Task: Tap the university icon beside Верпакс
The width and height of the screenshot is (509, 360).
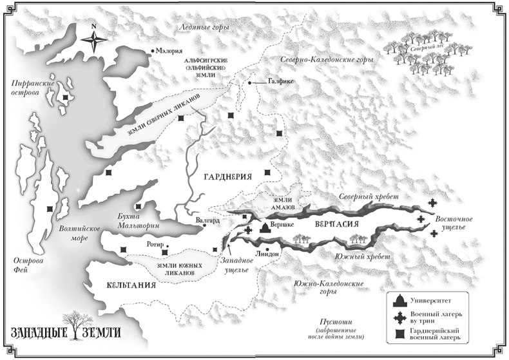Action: click(x=264, y=227)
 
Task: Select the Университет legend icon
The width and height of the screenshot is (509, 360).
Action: click(x=400, y=301)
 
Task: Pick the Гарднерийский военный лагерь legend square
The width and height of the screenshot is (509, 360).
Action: click(x=400, y=334)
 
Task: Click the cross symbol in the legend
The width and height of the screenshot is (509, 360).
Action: click(x=400, y=317)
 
